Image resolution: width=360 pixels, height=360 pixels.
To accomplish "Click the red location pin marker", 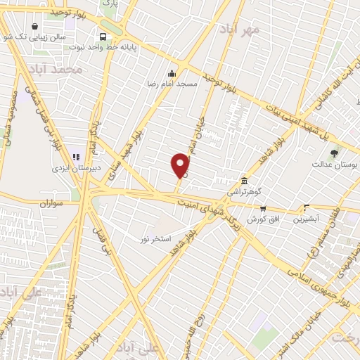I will [x=180, y=165].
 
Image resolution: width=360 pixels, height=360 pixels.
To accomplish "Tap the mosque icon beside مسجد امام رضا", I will [x=171, y=73].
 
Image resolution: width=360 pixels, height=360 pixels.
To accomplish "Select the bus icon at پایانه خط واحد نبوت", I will [x=103, y=37].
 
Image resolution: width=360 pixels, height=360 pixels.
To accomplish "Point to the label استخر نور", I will [x=155, y=240].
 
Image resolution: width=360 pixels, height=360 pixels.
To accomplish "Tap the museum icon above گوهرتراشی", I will [x=244, y=181].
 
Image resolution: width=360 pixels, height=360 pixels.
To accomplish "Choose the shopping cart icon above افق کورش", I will [x=263, y=208].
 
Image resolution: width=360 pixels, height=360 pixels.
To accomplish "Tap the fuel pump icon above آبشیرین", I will [x=307, y=208].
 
